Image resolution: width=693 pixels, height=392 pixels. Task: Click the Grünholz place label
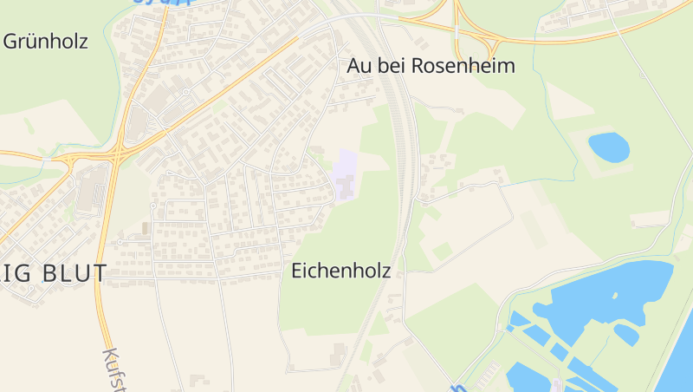tap(46, 41)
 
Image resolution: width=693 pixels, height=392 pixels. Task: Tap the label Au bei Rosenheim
tap(431, 66)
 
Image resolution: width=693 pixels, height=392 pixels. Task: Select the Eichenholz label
tap(341, 271)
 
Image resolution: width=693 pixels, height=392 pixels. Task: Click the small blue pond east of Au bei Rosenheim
tap(609, 147)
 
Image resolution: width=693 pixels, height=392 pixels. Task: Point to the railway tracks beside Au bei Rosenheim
tap(401, 130)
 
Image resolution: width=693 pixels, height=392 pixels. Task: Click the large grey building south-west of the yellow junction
tap(90, 189)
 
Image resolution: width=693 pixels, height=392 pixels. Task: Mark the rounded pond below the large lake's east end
tap(625, 333)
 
